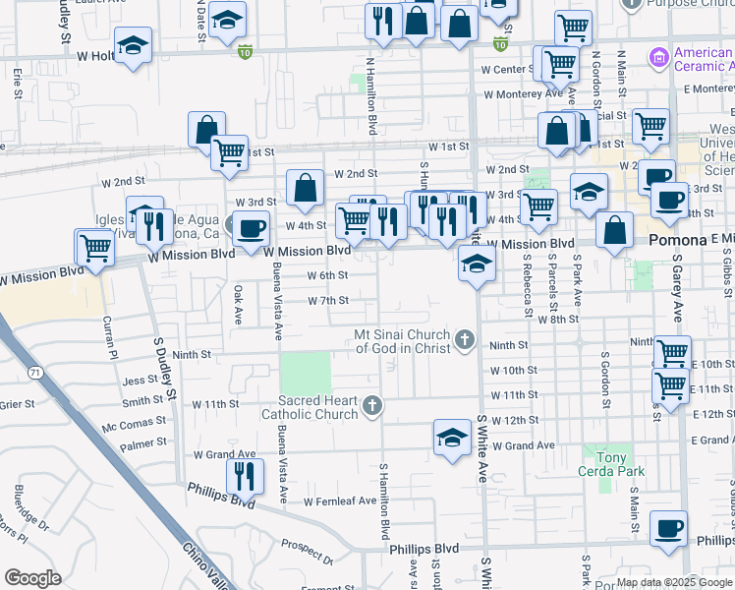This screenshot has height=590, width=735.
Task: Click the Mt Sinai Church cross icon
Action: coord(466,341)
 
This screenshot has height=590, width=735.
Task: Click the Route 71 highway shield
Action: coord(35,373)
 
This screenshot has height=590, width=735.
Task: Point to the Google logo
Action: coord(32,578)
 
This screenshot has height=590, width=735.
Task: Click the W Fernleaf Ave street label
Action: coord(340,501)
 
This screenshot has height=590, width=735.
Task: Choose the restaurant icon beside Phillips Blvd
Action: coord(245,476)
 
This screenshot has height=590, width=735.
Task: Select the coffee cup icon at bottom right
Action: coord(669,527)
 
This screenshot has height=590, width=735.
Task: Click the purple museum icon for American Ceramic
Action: coord(657,58)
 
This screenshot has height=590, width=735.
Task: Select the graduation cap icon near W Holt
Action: coord(133,44)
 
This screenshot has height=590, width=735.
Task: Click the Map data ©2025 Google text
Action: coord(672,582)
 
